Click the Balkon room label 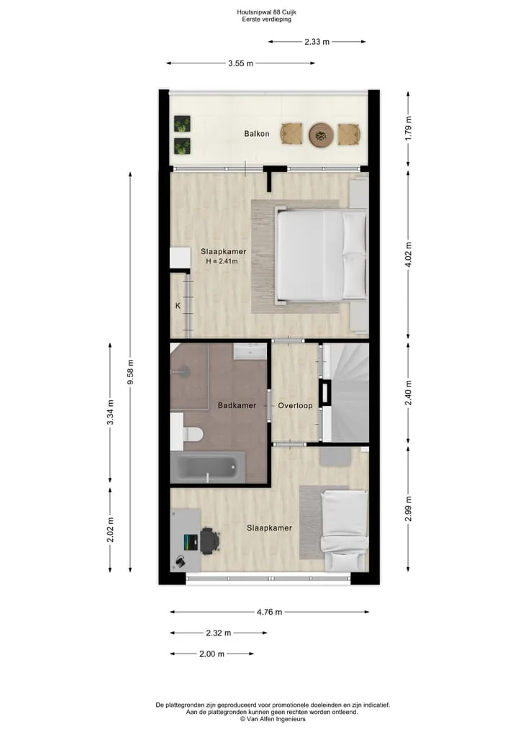(257, 134)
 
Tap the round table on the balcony (321, 135)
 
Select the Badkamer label (237, 405)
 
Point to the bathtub (208, 467)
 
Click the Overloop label (296, 405)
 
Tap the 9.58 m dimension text (131, 372)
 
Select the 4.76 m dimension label (269, 612)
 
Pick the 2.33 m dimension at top (317, 42)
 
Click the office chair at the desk (209, 541)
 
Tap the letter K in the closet (178, 306)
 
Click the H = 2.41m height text (222, 261)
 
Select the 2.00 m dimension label (212, 654)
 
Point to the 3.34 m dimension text (111, 412)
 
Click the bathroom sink (250, 351)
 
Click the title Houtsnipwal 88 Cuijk (266, 12)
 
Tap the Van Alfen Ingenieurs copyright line (273, 719)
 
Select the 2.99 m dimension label (409, 510)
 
